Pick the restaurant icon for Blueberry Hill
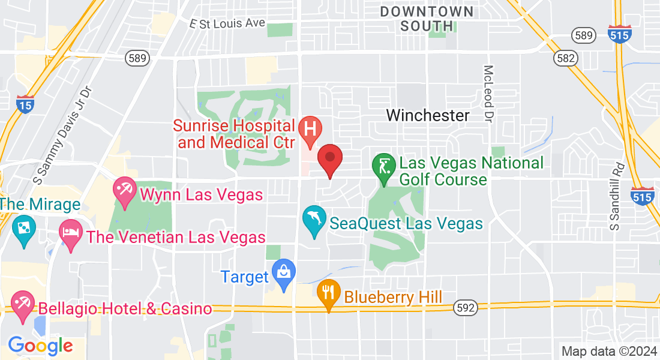pos(328,293)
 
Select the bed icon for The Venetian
pos(71,233)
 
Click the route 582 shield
pos(566,58)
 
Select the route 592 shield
pos(465,308)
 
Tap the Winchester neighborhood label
pos(428,115)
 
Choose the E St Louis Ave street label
pos(227,23)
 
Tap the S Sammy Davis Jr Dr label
pos(63,136)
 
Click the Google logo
pos(40,346)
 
